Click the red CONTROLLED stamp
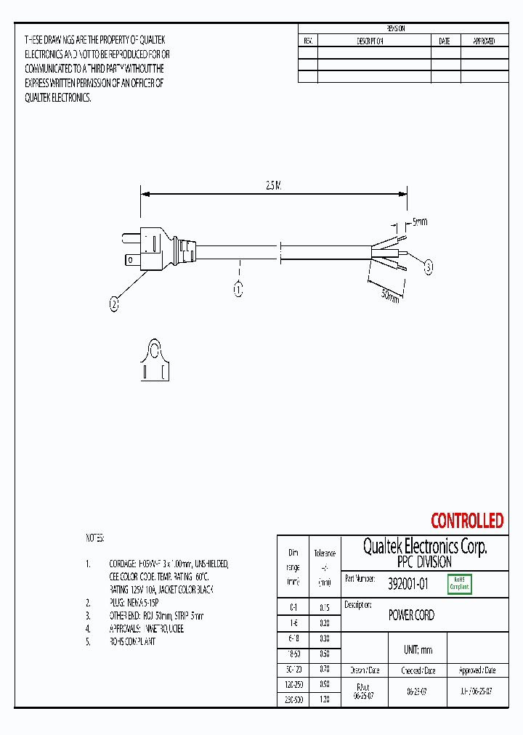pyautogui.click(x=466, y=521)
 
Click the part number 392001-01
pyautogui.click(x=408, y=582)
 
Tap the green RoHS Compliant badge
pyautogui.click(x=459, y=583)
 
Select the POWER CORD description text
pyautogui.click(x=411, y=615)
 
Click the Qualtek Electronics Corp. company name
pyautogui.click(x=424, y=547)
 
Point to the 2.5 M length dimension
pyautogui.click(x=272, y=186)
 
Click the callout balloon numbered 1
pyautogui.click(x=238, y=290)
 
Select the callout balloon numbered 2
pyautogui.click(x=114, y=305)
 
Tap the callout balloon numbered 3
pyautogui.click(x=429, y=268)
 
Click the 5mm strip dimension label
pyautogui.click(x=420, y=221)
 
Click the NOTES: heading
pyautogui.click(x=95, y=538)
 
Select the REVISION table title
pyautogui.click(x=396, y=28)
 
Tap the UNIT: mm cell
pyautogui.click(x=418, y=650)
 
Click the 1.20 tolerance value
pyautogui.click(x=324, y=699)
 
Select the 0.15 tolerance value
pyautogui.click(x=324, y=607)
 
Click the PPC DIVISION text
pyautogui.click(x=424, y=563)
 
